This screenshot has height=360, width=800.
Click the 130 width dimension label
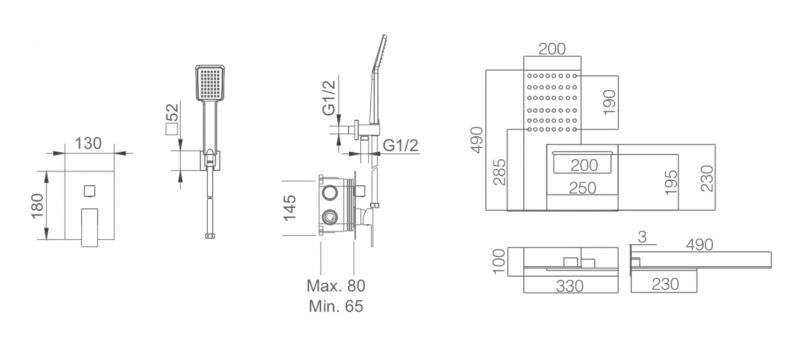point(88,144)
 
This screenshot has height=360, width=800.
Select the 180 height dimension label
point(38,205)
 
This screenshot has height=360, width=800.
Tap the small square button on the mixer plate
point(90,191)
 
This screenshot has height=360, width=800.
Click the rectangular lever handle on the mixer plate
point(89,227)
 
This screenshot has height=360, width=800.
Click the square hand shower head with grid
point(210,83)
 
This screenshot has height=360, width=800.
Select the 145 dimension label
point(290,208)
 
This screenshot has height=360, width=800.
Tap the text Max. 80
point(336,286)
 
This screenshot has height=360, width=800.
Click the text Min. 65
point(336,306)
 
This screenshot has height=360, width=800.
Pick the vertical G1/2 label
point(330,98)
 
